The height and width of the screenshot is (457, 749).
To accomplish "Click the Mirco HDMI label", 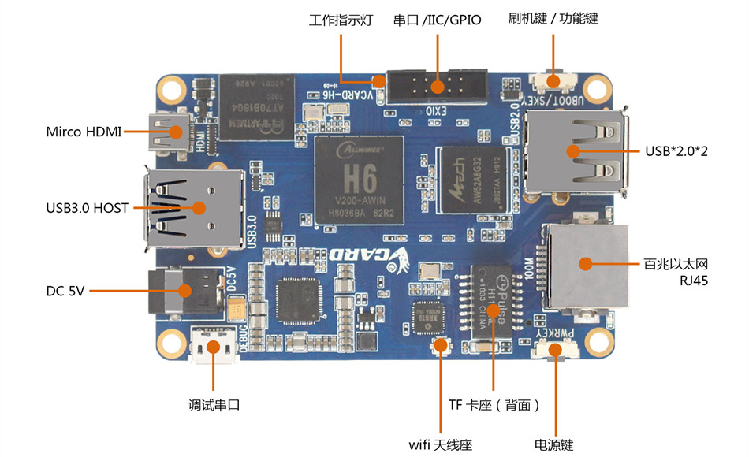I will tap(83, 132).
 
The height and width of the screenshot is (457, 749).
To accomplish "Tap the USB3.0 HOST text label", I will tap(87, 208).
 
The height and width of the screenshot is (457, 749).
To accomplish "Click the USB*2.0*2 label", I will tap(676, 150).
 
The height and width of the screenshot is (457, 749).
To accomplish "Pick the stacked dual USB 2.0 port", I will tap(576, 151).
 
